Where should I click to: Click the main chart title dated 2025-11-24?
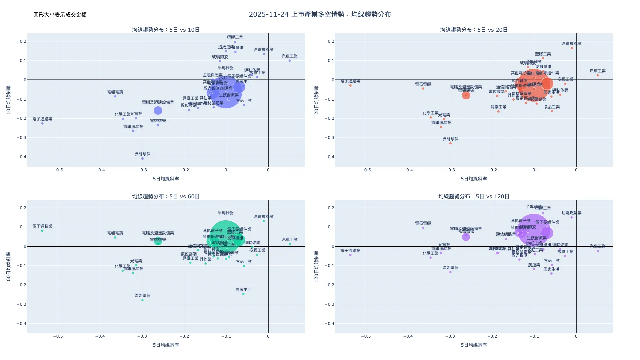[320, 14]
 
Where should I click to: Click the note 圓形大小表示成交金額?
[60, 15]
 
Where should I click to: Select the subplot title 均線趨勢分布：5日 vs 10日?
[166, 30]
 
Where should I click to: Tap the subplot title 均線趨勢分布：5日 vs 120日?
[474, 196]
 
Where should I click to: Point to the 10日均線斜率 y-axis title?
[9, 100]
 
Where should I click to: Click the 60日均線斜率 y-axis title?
[9, 266]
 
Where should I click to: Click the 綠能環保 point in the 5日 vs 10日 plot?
[142, 158]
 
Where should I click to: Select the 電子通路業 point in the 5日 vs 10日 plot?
[42, 123]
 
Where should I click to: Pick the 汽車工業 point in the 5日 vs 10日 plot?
[290, 61]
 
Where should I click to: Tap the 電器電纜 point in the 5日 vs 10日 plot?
[115, 96]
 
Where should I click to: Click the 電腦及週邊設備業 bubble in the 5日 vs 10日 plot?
[158, 110]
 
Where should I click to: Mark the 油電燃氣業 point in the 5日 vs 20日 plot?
[572, 48]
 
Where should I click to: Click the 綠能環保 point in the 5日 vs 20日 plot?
[450, 143]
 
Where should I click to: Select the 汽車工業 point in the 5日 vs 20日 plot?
[598, 75]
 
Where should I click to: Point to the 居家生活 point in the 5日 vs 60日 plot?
[243, 294]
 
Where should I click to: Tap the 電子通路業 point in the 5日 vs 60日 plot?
[42, 231]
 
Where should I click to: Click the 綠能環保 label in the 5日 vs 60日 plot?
[142, 296]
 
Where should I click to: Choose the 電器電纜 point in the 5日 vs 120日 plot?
[423, 228]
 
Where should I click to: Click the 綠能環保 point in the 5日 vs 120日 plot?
[450, 272]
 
